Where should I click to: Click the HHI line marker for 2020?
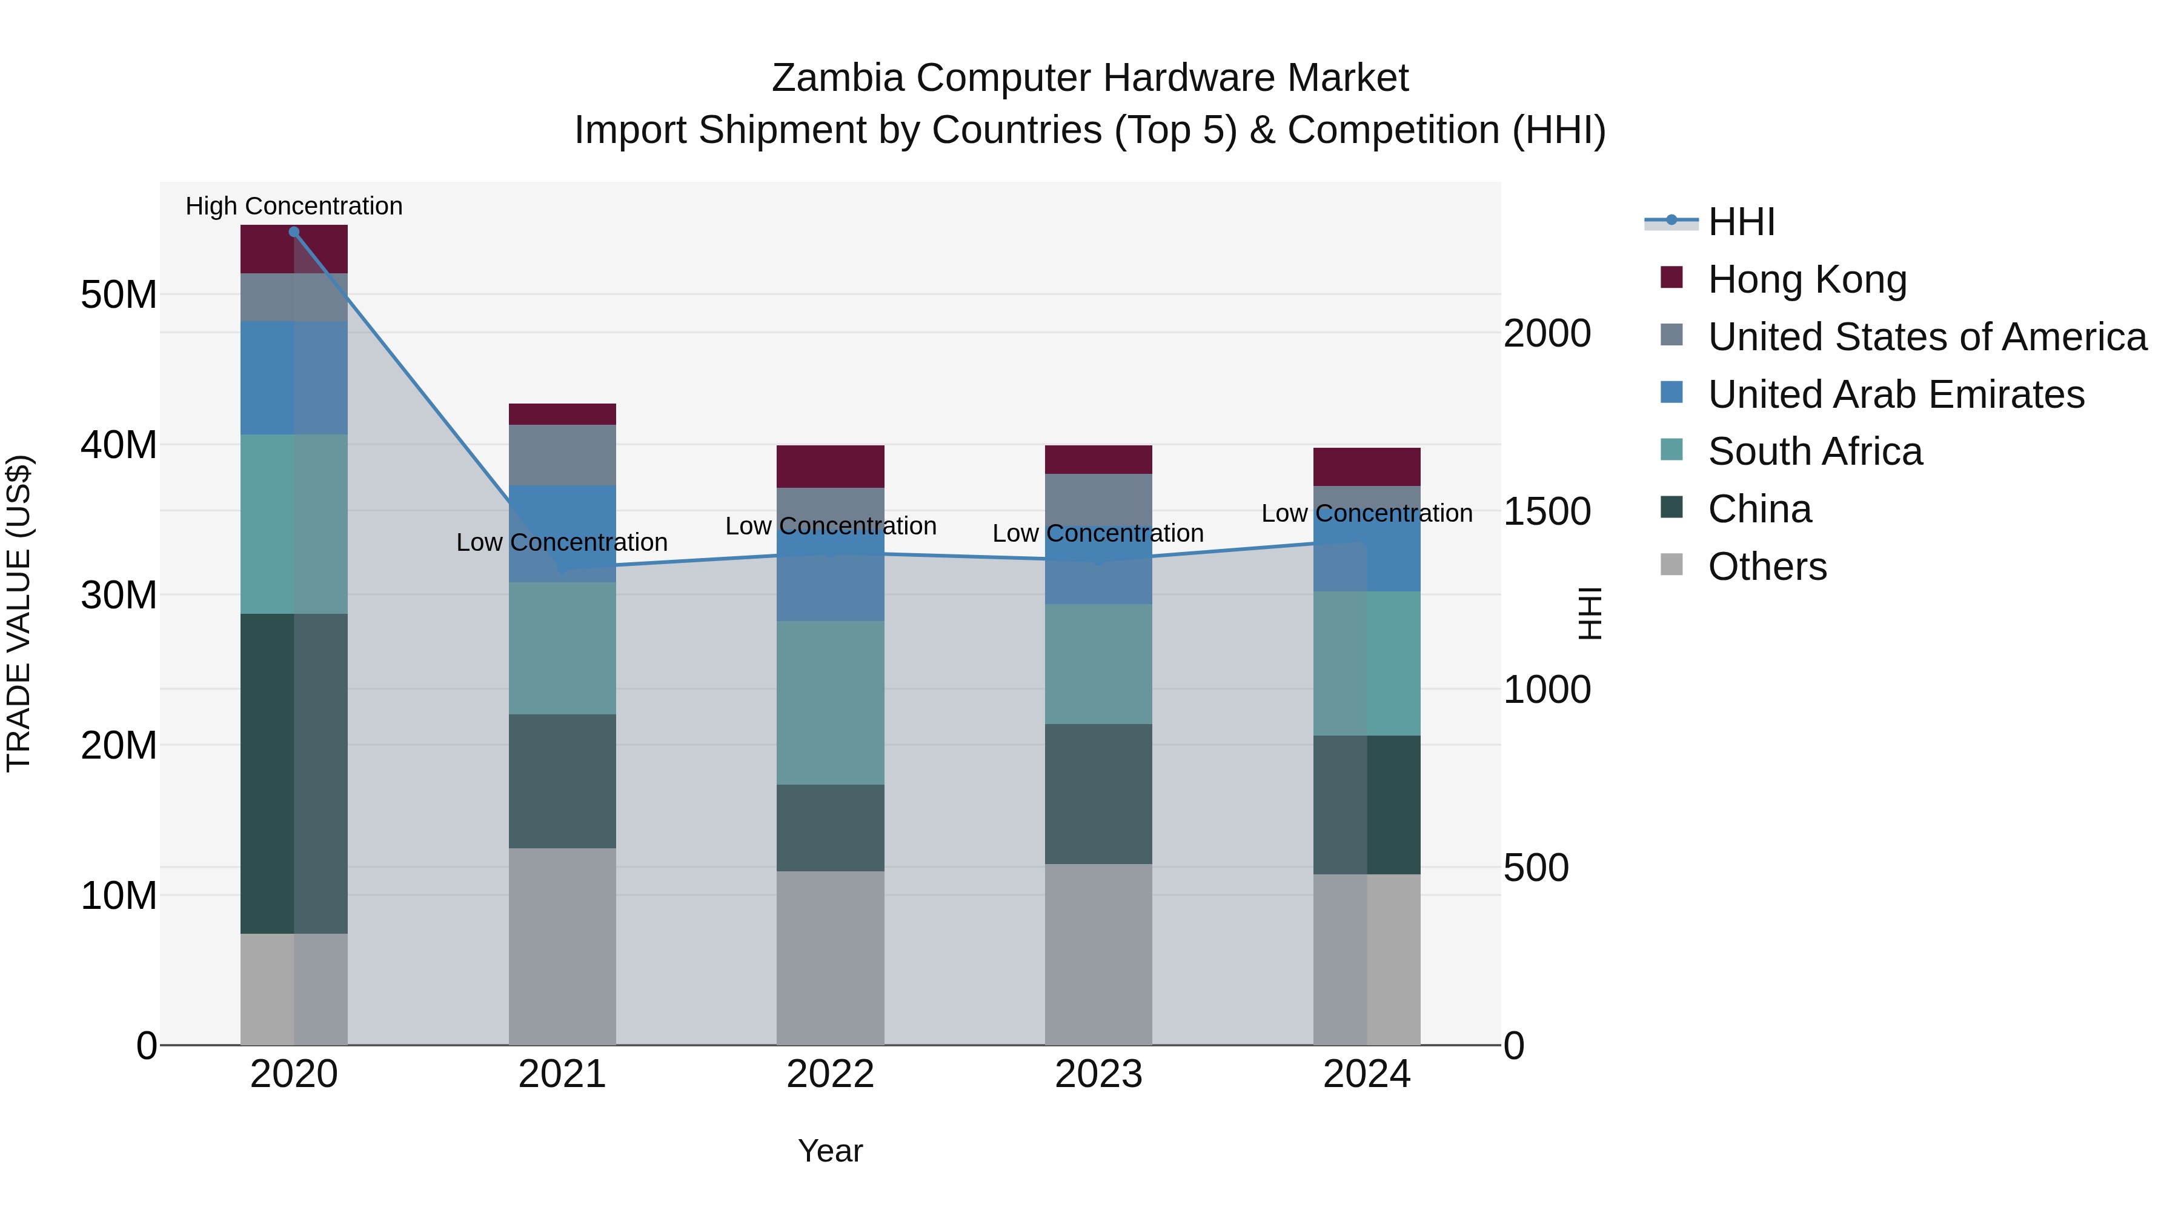coord(294,232)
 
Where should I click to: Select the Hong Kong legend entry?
coord(1806,279)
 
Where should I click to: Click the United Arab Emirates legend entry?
coord(1895,394)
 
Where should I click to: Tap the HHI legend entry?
coord(1740,222)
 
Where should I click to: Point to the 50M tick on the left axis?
coord(119,294)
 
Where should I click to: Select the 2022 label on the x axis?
coord(830,1074)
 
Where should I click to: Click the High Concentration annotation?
coord(294,206)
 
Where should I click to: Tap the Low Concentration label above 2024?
coord(1367,513)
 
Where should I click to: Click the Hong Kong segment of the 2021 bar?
coord(562,414)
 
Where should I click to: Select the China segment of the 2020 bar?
coord(294,773)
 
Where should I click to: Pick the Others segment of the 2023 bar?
coord(1098,954)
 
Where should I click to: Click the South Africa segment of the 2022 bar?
coord(830,703)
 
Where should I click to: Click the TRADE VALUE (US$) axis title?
coord(19,613)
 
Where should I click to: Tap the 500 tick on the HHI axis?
coord(1536,868)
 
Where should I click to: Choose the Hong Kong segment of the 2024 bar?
coord(1367,467)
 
